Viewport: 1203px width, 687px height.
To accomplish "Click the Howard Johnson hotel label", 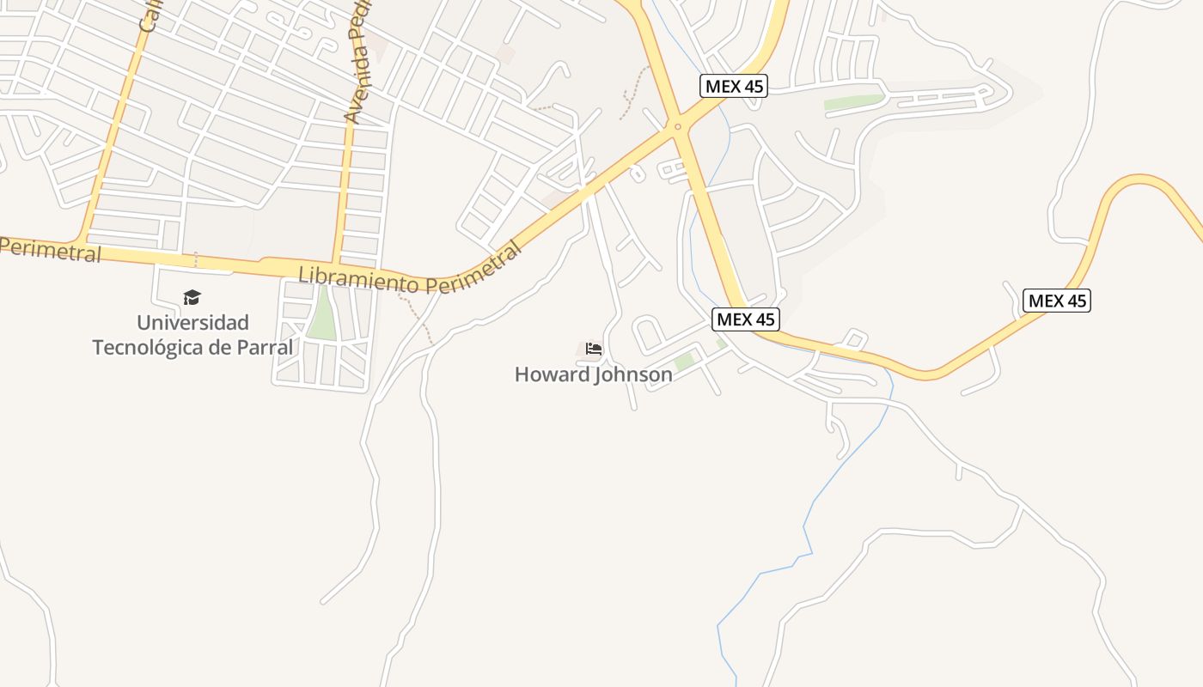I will tap(593, 374).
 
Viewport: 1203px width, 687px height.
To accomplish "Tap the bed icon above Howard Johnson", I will tap(593, 349).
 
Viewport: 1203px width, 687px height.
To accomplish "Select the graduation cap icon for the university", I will tap(192, 297).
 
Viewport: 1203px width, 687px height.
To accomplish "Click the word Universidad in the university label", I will tap(192, 323).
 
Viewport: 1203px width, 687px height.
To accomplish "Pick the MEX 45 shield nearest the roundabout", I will tap(733, 86).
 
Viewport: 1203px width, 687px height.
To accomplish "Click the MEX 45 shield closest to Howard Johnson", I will tap(745, 319).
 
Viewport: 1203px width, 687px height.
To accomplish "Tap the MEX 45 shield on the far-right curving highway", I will tap(1056, 301).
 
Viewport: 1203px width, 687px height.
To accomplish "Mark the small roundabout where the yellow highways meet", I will tap(678, 127).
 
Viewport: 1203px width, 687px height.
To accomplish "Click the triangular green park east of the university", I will tap(322, 316).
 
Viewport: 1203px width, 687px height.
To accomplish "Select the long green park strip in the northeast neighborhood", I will tap(853, 101).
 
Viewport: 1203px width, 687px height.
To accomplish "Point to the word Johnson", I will tap(634, 374).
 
